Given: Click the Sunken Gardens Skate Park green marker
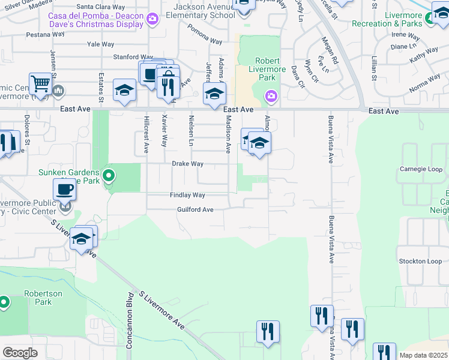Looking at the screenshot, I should (x=109, y=176).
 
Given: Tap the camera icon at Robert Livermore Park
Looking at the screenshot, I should (x=271, y=96).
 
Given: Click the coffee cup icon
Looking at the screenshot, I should (x=65, y=190).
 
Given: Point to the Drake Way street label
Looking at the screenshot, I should (x=188, y=164).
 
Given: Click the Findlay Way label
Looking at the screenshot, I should (x=187, y=196).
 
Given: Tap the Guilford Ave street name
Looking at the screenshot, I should (x=195, y=210).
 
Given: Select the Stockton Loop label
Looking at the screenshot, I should (x=421, y=262).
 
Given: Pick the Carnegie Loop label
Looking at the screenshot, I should (x=421, y=169).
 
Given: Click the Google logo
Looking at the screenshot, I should (x=20, y=353).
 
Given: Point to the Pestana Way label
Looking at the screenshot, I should (x=46, y=35).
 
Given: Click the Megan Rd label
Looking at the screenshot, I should (x=331, y=53).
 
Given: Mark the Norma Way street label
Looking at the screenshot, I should (x=424, y=83).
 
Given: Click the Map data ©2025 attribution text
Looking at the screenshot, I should (x=423, y=355).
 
